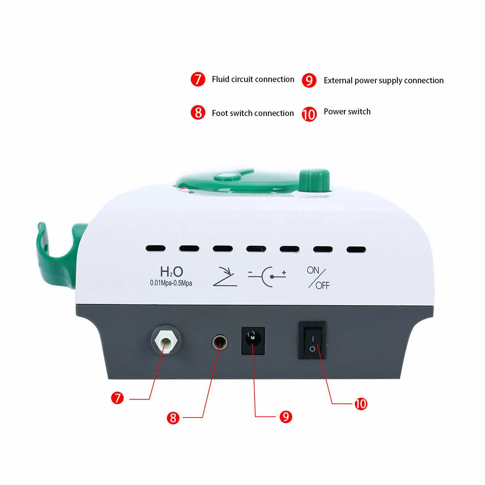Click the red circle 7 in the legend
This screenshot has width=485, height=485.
coord(198,79)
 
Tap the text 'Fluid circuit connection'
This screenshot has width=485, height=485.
coord(253,79)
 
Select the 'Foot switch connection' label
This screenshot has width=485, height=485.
coord(253,113)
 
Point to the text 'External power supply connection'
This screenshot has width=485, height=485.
coord(384,80)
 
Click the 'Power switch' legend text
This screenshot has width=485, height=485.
coord(347,112)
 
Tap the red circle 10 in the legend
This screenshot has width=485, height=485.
coord(309,114)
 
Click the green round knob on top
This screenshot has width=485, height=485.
coord(314,180)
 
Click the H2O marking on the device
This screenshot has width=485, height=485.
coord(171,272)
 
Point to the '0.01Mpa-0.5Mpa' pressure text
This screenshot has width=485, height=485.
coord(171,283)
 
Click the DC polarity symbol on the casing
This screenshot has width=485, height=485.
coord(267,277)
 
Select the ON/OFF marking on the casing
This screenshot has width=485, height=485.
coord(318,278)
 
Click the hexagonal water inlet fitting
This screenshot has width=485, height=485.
coord(166,339)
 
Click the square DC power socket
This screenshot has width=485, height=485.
coord(253,341)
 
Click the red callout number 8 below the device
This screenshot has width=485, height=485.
coord(173,418)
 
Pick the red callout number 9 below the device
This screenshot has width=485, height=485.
coord(286,416)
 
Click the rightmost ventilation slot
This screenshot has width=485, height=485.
coord(356,250)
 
